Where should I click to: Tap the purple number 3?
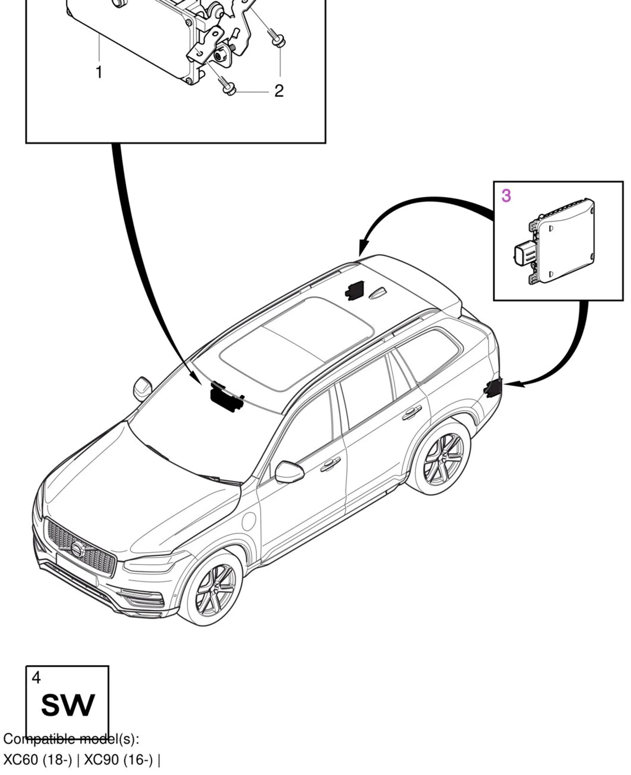506,196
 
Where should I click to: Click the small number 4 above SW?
36,678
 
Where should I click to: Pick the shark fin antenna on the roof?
378,293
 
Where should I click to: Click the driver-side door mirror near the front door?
289,472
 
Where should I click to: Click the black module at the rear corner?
494,388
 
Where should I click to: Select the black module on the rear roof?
355,290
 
